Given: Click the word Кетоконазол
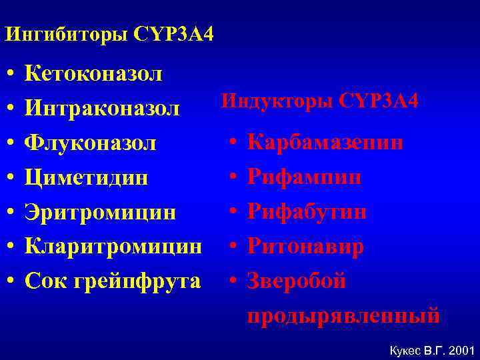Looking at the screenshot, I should click(x=93, y=73).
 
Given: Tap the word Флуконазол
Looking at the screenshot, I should click(x=91, y=143).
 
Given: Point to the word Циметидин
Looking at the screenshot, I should click(x=86, y=177).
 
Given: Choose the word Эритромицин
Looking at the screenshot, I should click(x=100, y=212).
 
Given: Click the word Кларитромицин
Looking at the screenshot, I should click(x=113, y=247).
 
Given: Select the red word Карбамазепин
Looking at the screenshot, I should click(x=325, y=142).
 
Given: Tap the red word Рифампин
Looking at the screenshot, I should click(x=305, y=177).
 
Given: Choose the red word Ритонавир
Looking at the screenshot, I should click(x=305, y=247).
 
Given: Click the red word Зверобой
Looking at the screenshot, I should click(x=297, y=281).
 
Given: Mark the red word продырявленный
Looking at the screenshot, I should click(x=343, y=314).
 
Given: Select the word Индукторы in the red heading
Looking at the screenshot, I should click(x=278, y=101).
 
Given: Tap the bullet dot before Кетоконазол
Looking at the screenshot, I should click(x=11, y=73).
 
